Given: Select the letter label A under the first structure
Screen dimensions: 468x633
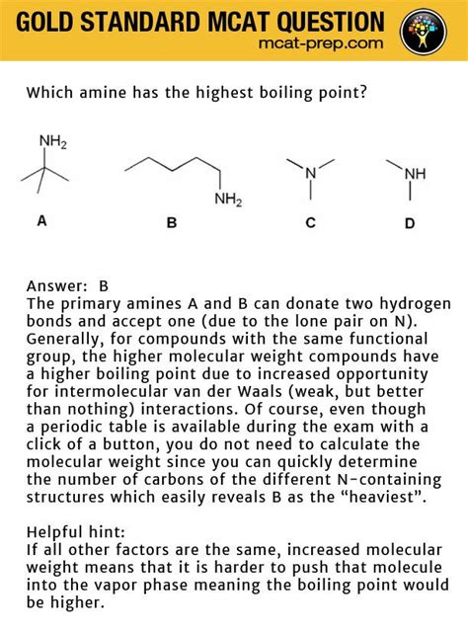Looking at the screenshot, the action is tap(41, 221).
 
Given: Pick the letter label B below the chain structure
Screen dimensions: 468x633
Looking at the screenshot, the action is tap(171, 222).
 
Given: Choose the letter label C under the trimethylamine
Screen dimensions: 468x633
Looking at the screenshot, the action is tap(310, 222).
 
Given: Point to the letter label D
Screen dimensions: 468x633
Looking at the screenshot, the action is tap(409, 222).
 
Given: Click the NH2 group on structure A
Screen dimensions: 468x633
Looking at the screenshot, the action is tap(52, 142).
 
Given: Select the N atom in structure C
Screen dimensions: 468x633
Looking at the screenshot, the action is tap(310, 173).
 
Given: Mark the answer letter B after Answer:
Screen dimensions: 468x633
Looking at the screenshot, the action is tap(103, 286).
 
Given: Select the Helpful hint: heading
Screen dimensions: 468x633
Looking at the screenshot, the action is tap(73, 532).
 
